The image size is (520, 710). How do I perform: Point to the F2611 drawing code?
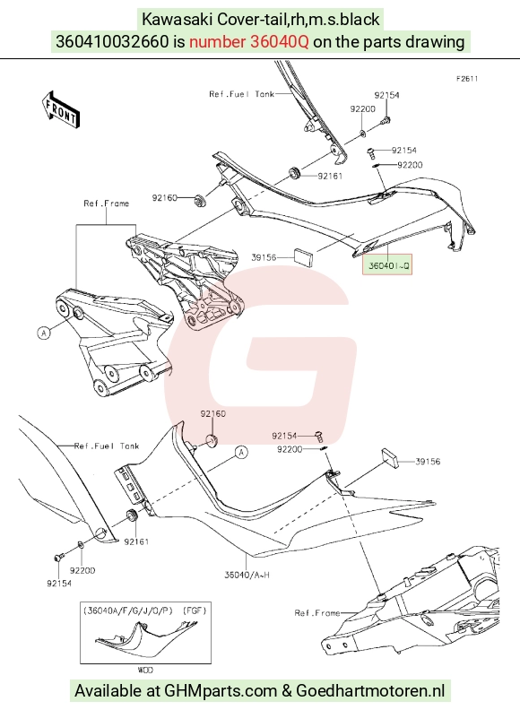click(x=467, y=79)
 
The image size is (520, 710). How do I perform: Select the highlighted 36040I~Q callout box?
click(x=387, y=264)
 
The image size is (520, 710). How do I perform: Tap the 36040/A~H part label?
click(x=247, y=575)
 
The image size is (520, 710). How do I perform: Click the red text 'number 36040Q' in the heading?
click(x=248, y=42)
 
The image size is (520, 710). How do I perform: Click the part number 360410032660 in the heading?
click(x=112, y=42)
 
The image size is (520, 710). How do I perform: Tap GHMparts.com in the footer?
click(x=221, y=691)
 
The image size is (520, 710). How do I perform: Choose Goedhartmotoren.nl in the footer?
click(x=370, y=691)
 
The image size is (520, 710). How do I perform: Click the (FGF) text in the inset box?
click(x=194, y=610)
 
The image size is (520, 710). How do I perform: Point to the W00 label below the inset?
click(x=145, y=670)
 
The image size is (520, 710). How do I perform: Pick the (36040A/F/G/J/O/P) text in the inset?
click(x=127, y=610)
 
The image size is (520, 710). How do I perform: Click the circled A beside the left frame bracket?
click(x=44, y=333)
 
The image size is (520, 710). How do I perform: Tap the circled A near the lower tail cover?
click(x=242, y=452)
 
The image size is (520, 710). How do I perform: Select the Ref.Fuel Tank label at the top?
click(x=241, y=94)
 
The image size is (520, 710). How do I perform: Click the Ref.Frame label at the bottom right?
click(x=317, y=613)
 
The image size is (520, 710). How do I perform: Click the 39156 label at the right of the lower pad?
click(x=428, y=462)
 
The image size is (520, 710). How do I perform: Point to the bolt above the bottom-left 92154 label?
click(x=57, y=558)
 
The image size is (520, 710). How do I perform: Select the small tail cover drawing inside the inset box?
click(x=146, y=638)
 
